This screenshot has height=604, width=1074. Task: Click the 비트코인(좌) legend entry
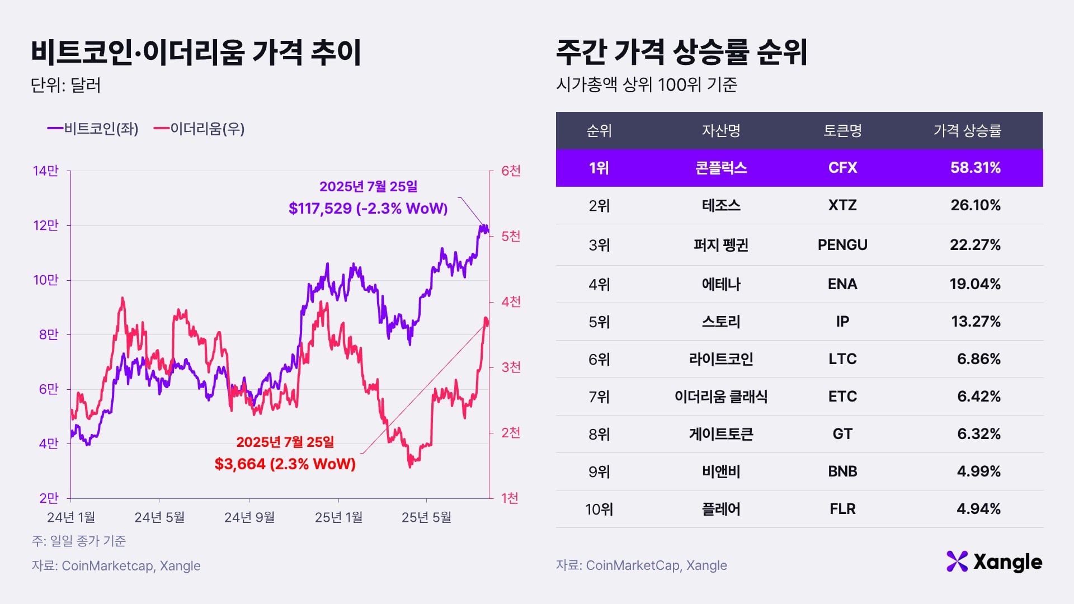pos(93,129)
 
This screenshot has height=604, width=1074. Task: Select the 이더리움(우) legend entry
pos(199,129)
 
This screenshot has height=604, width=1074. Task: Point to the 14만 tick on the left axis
pos(46,171)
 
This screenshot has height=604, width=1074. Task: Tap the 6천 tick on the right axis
pos(511,171)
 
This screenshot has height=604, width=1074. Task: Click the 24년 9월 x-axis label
pos(249,517)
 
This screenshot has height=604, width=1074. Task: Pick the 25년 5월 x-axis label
pos(426,517)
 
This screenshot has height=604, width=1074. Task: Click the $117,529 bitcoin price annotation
pos(368,208)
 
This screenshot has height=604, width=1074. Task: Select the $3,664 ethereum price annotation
pos(285,464)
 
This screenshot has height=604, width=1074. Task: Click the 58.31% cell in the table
pos(975,168)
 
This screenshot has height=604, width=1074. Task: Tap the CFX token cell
pos(842,168)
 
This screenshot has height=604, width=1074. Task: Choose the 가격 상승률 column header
pos(967,131)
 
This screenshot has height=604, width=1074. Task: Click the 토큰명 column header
pos(842,131)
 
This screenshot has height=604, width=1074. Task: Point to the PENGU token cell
pos(842,245)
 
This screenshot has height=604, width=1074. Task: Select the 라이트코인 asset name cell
pos(721,359)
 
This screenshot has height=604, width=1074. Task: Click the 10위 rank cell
pos(599,509)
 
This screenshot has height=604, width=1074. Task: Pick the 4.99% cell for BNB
pos(978,471)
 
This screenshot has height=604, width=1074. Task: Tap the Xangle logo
pos(994,561)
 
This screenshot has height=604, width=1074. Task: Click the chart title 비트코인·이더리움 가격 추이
pos(196,53)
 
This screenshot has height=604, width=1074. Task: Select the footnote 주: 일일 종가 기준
pos(79,541)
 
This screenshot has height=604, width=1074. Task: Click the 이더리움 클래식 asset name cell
pos(721,397)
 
